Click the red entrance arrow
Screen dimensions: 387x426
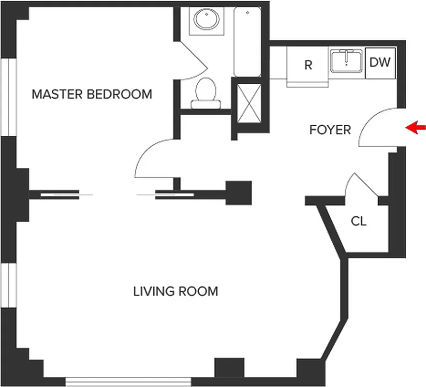[x=415, y=128]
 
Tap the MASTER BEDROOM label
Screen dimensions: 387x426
[x=92, y=94]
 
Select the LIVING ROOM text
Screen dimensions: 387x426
[x=176, y=291]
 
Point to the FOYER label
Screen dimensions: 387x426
[x=330, y=130]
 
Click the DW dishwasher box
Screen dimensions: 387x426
[x=380, y=63]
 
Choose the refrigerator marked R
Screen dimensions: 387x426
[x=308, y=65]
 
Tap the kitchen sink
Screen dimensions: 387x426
[x=347, y=61]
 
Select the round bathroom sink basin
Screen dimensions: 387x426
[x=206, y=20]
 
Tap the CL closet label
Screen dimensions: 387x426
[x=358, y=222]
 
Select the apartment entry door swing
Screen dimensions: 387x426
[x=377, y=127]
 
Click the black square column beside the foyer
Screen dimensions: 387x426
[x=239, y=193]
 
